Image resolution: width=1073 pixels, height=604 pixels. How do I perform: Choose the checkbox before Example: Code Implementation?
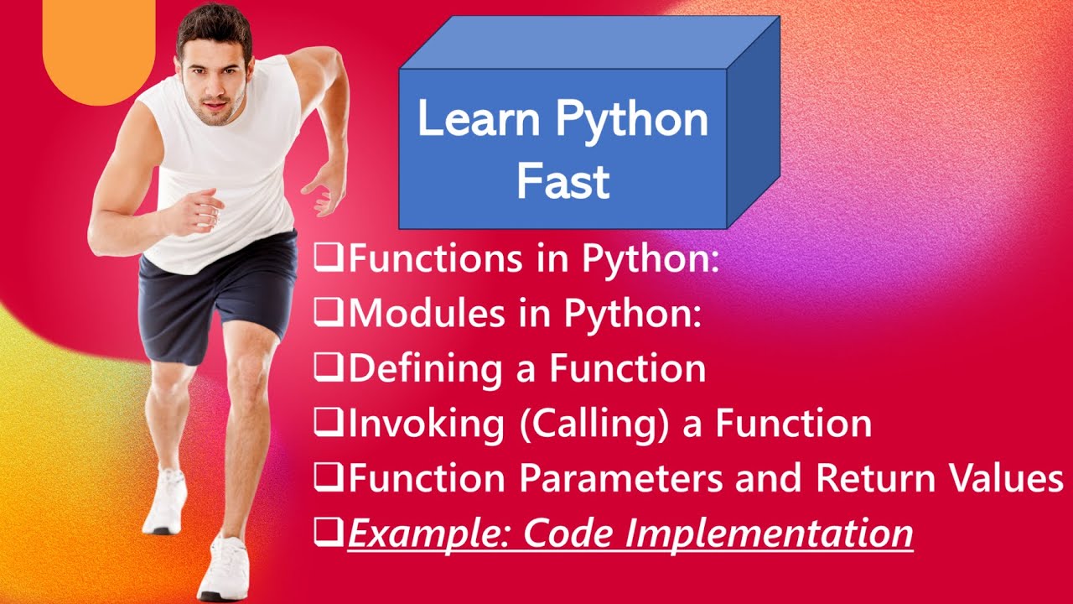coord(329,532)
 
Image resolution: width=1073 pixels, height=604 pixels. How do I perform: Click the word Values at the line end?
coord(1005,478)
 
